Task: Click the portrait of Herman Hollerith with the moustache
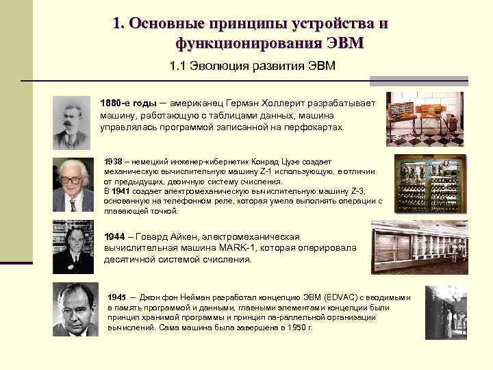pos(72,121)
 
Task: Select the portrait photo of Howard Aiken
pos(73,247)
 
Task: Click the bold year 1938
pos(112,160)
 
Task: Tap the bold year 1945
pos(117,297)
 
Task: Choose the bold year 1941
pos(121,191)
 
